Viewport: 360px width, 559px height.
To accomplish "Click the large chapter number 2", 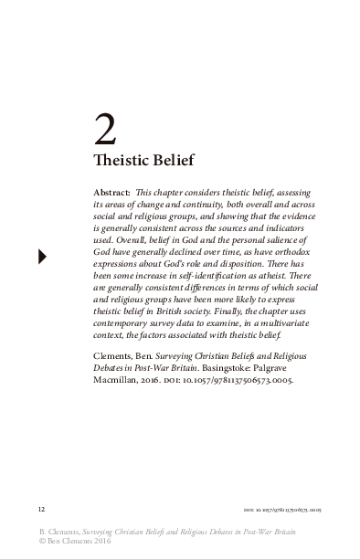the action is (x=106, y=132).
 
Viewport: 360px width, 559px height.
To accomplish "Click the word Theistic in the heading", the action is (x=123, y=161).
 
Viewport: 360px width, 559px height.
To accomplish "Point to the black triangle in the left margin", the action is (x=42, y=256).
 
